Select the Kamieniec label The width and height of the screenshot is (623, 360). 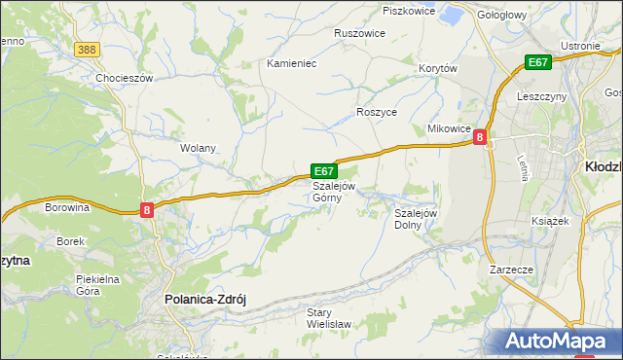[292, 63]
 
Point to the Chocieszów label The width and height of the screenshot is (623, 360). [125, 78]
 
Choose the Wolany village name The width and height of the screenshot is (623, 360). [198, 149]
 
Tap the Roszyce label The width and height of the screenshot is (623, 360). [377, 112]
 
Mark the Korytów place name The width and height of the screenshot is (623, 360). [437, 68]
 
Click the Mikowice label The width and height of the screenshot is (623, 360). [449, 129]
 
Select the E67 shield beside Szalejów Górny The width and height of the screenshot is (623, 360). [324, 170]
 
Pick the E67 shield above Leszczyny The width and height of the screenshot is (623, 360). [538, 62]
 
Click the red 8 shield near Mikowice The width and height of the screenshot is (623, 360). [480, 138]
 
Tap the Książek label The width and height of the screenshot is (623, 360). [550, 221]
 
